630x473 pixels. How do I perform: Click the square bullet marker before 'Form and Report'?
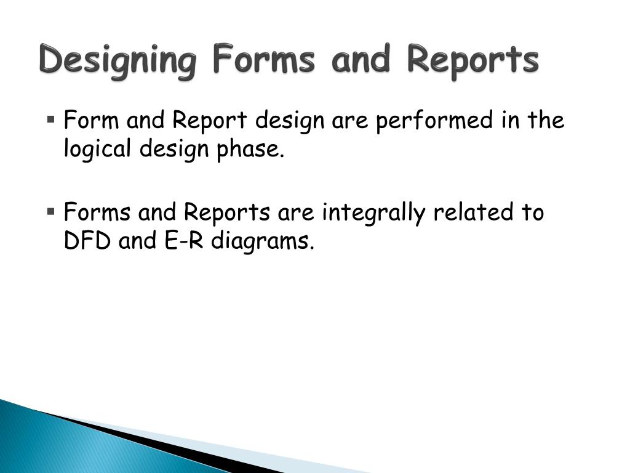pos(50,117)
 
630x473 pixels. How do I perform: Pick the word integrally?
pos(375,213)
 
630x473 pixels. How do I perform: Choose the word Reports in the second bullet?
pos(227,214)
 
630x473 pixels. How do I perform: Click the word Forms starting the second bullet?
pos(97,212)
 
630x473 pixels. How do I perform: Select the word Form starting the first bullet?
pos(92,120)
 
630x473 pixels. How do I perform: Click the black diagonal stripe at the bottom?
pos(154,440)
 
